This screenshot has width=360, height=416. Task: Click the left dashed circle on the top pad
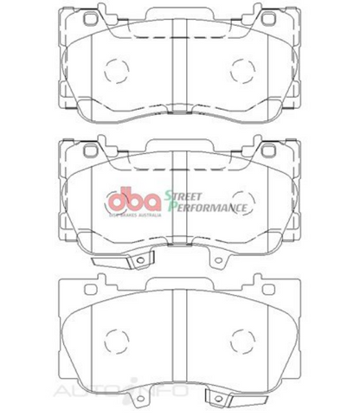click(112, 69)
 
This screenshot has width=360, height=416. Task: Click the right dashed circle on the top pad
click(246, 69)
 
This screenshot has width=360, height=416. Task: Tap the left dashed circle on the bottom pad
click(112, 337)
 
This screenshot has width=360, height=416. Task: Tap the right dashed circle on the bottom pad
click(246, 337)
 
